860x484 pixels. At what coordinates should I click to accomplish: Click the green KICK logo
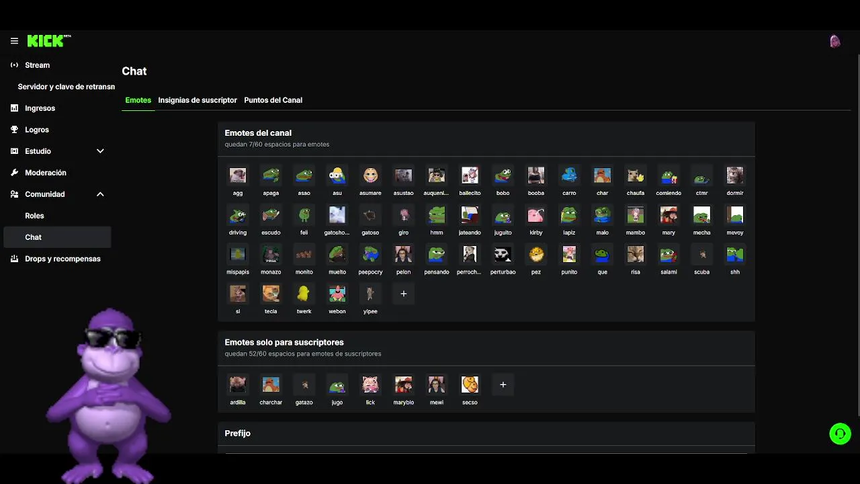[46, 41]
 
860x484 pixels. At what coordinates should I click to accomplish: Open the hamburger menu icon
[14, 41]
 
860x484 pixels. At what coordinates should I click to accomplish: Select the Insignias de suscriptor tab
[198, 100]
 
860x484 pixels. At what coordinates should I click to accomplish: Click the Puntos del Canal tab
[273, 100]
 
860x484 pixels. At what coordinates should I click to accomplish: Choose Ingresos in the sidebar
[40, 108]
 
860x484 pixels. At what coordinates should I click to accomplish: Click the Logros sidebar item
[37, 130]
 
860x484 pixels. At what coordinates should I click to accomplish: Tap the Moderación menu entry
[45, 173]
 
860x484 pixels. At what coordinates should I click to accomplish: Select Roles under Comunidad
[34, 216]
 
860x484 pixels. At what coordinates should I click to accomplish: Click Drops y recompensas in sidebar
[62, 259]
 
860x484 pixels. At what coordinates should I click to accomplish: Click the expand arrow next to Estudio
[100, 151]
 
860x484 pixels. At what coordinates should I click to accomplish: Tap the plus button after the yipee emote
[404, 294]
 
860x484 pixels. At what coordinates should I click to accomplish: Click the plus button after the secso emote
[503, 385]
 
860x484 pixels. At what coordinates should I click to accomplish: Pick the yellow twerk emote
[304, 294]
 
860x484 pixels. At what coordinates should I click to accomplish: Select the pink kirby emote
[536, 215]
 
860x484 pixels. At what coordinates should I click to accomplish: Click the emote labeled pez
[536, 255]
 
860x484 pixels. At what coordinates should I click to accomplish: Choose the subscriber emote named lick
[370, 385]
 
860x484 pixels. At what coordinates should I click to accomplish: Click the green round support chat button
[840, 434]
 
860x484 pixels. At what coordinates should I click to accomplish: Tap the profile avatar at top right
[835, 42]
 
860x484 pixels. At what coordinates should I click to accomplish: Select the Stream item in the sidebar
[37, 65]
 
